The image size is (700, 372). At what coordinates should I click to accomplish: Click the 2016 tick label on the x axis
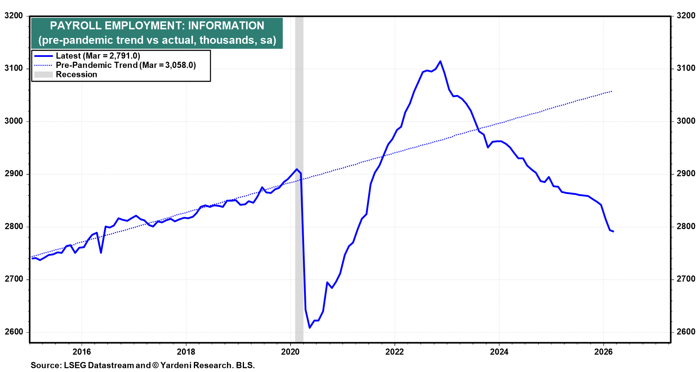[82, 352]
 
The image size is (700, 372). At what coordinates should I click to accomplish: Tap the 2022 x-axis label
[394, 352]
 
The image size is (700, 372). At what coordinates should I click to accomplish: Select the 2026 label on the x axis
[603, 352]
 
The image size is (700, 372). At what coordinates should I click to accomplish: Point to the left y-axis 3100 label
[13, 68]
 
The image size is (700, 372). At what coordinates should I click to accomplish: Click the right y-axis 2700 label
[686, 279]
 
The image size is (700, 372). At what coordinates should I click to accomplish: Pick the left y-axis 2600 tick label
[13, 332]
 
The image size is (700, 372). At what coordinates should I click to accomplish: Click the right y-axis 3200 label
[686, 16]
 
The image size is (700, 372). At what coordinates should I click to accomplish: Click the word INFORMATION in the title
[226, 26]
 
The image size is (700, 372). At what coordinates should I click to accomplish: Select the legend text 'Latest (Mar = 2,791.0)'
[98, 56]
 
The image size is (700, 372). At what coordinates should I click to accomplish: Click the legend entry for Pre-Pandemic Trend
[126, 65]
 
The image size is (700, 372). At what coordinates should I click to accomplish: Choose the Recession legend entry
[76, 74]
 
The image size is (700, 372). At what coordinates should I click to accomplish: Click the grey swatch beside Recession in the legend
[43, 74]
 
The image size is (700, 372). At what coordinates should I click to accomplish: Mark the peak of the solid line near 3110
[440, 61]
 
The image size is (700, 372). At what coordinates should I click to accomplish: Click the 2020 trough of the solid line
[310, 328]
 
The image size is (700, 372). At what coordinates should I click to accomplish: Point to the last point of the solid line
[614, 231]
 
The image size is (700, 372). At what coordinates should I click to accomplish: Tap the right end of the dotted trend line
[611, 91]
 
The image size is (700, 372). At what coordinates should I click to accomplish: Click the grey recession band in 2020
[299, 219]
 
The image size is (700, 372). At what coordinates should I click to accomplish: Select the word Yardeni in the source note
[176, 365]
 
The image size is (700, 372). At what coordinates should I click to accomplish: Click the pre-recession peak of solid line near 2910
[297, 169]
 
